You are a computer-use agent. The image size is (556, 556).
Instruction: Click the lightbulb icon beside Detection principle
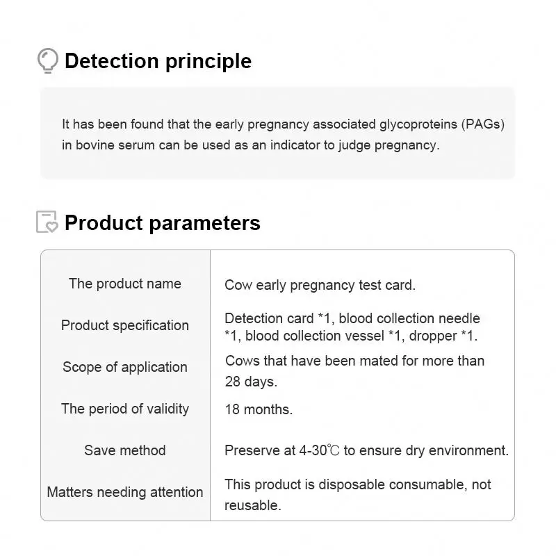pyautogui.click(x=47, y=60)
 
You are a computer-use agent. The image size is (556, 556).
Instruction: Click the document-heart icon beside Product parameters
pyautogui.click(x=47, y=222)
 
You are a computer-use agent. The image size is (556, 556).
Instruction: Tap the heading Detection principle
pyautogui.click(x=158, y=61)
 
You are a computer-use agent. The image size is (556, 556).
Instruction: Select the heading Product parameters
pyautogui.click(x=162, y=223)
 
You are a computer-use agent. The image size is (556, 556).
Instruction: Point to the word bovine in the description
pyautogui.click(x=96, y=145)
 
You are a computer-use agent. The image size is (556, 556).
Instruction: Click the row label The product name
pyautogui.click(x=125, y=284)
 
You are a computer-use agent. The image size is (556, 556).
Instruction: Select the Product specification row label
pyautogui.click(x=125, y=325)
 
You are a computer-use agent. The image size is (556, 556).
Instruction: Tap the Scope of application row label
pyautogui.click(x=125, y=367)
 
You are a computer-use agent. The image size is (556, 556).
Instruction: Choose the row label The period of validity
pyautogui.click(x=125, y=409)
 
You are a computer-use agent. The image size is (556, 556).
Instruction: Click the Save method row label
pyautogui.click(x=125, y=450)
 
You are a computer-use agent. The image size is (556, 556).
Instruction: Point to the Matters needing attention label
pyautogui.click(x=125, y=492)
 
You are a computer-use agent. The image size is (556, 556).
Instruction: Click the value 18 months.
pyautogui.click(x=259, y=409)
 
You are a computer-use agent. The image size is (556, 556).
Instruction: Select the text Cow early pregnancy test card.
pyautogui.click(x=320, y=285)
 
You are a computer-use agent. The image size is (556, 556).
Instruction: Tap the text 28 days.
pyautogui.click(x=251, y=382)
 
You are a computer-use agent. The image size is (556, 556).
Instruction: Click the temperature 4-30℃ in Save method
pyautogui.click(x=319, y=450)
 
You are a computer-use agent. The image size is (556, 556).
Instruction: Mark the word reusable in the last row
pyautogui.click(x=252, y=506)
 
